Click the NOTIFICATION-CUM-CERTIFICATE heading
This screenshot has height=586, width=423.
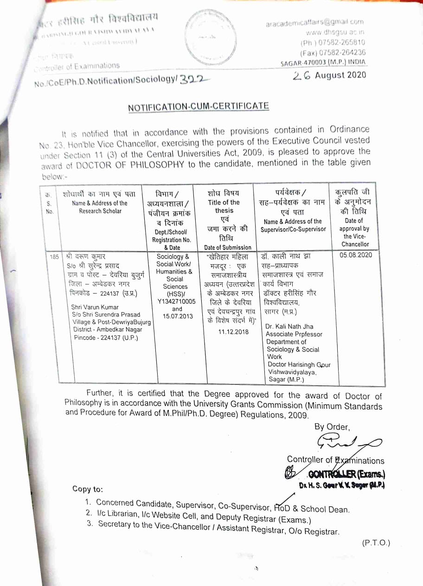(199, 106)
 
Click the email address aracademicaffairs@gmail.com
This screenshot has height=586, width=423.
(315, 22)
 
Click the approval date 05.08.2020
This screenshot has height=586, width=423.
(355, 255)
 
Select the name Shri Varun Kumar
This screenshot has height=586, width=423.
(95, 307)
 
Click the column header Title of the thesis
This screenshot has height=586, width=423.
(224, 206)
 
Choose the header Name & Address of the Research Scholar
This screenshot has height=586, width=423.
(100, 207)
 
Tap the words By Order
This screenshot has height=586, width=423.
(332, 427)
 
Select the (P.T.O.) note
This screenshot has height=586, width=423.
(376, 543)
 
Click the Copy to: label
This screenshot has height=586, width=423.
(88, 489)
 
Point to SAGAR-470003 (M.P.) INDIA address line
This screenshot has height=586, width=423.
(323, 62)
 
